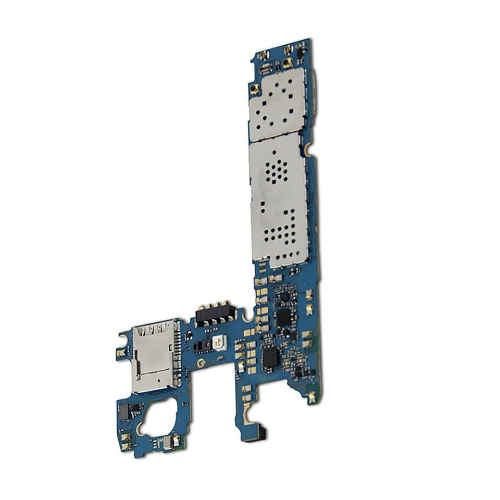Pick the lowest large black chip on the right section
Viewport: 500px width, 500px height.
coord(271,356)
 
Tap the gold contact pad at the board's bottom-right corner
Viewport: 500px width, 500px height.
coord(311,398)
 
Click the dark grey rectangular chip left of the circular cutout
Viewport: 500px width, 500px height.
coord(123,412)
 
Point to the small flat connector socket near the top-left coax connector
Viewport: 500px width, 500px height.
coord(265,68)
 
